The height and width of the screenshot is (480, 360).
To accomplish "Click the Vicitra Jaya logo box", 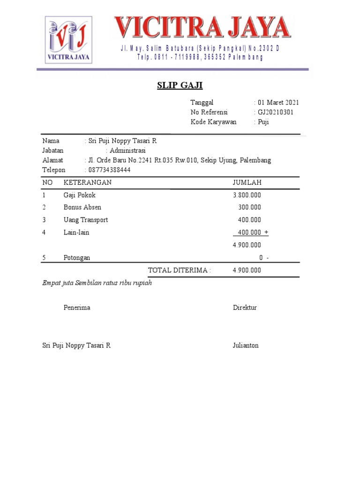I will click(x=68, y=40).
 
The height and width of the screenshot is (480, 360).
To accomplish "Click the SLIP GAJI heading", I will click(x=180, y=86).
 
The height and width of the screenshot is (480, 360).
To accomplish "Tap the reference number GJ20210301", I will click(x=276, y=112).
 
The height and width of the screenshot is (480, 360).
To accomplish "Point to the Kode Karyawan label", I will click(x=213, y=122).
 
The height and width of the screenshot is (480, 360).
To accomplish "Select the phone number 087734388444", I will click(x=109, y=170).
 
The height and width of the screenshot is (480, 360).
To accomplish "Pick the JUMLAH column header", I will click(x=247, y=182).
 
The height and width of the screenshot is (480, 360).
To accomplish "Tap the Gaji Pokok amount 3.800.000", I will click(x=247, y=195).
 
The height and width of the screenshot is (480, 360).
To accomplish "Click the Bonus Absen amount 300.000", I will click(x=249, y=207).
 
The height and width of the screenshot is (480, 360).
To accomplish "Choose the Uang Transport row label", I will click(x=86, y=220).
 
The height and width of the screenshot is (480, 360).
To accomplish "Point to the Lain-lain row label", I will click(x=76, y=232).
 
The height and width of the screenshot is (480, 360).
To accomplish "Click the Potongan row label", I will click(x=77, y=258).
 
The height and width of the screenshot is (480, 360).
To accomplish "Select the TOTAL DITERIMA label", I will click(x=179, y=270).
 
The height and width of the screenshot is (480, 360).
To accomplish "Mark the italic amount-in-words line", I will click(x=97, y=283).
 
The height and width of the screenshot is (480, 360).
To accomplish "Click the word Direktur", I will click(x=245, y=308).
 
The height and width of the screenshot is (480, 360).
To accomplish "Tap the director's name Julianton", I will click(x=246, y=345).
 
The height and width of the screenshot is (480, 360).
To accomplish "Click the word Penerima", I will click(x=77, y=308).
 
